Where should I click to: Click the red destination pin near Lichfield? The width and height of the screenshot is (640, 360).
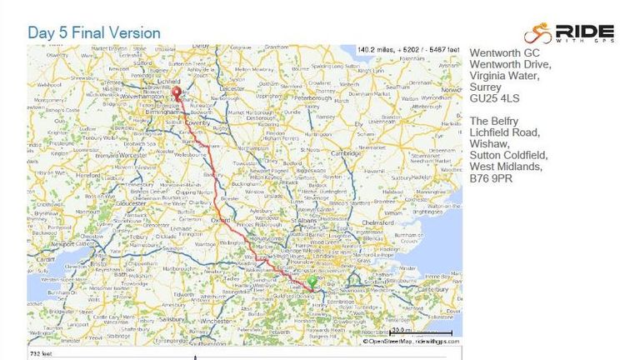click(x=176, y=92)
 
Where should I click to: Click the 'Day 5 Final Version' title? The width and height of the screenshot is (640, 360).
click(x=94, y=32)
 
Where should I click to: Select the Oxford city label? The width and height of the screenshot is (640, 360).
click(x=222, y=219)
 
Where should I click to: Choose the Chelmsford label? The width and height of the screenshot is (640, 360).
click(x=381, y=222)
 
